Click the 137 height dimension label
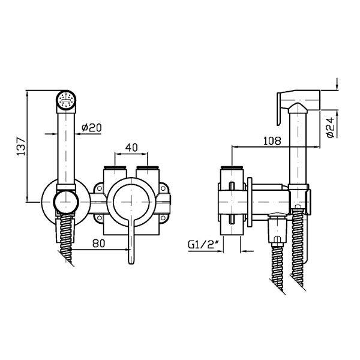click(21, 146)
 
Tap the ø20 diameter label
click(91, 128)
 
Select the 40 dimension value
click(131, 148)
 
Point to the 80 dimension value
click(99, 244)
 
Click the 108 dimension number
click(272, 141)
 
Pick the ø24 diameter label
click(331, 127)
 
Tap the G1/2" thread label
click(203, 245)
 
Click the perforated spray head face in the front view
click(66, 100)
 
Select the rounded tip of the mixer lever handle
click(131, 261)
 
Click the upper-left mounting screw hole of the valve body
click(100, 188)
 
